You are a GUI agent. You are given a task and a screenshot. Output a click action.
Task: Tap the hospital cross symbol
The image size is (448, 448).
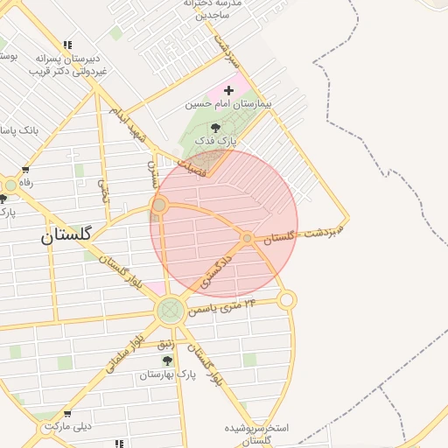pyautogui.click(x=229, y=90)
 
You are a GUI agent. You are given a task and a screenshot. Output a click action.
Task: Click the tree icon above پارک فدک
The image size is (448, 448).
pyautogui.click(x=216, y=128)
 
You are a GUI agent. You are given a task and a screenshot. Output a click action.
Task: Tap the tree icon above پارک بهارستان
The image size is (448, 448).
pyautogui.click(x=167, y=360)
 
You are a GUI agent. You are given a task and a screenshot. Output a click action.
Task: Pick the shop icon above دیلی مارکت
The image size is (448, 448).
pyautogui.click(x=67, y=413)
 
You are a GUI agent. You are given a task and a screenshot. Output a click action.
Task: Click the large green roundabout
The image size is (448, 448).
pyautogui.click(x=171, y=310)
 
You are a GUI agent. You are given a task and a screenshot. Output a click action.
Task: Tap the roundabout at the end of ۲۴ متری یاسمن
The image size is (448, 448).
pyautogui.click(x=287, y=300)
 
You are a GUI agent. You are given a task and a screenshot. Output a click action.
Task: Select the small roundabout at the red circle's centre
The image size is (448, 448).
pyautogui.click(x=248, y=238)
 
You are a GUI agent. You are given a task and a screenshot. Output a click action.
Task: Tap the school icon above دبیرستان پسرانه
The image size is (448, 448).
pyautogui.click(x=67, y=45)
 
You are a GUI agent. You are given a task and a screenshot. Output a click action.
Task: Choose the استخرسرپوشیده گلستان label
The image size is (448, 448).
pyautogui.click(x=257, y=434)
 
